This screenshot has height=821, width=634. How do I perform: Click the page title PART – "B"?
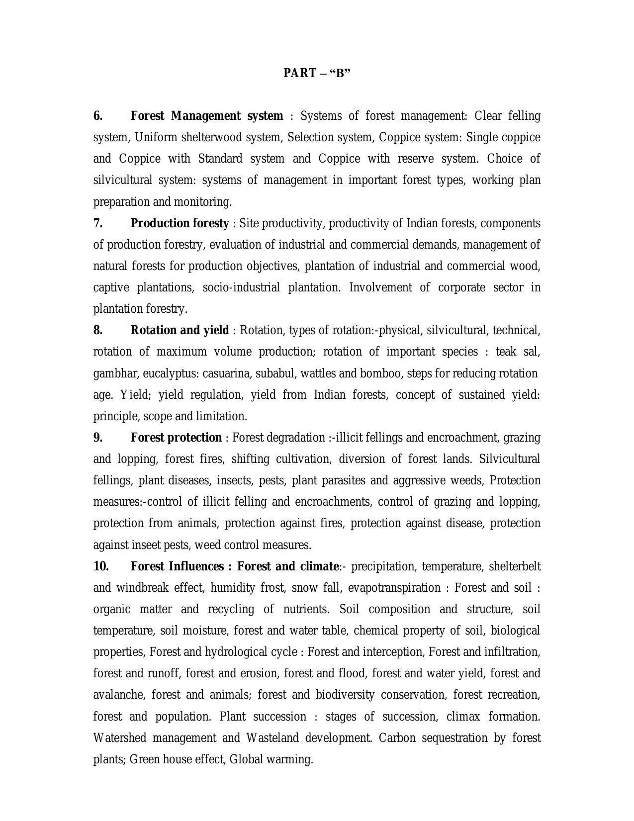[317, 73]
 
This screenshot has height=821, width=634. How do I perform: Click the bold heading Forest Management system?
[206, 116]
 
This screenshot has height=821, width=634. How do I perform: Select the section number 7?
[98, 223]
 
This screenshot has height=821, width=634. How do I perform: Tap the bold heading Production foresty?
[180, 223]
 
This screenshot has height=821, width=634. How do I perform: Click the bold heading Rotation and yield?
[180, 330]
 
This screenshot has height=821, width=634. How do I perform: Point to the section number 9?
[98, 438]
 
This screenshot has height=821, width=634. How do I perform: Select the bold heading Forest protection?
[176, 438]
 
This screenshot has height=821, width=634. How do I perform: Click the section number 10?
[101, 566]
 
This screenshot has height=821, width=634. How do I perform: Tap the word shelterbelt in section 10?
[515, 566]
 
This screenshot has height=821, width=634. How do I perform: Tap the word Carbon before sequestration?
[397, 738]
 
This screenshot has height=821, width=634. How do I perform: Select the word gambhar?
[114, 373]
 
